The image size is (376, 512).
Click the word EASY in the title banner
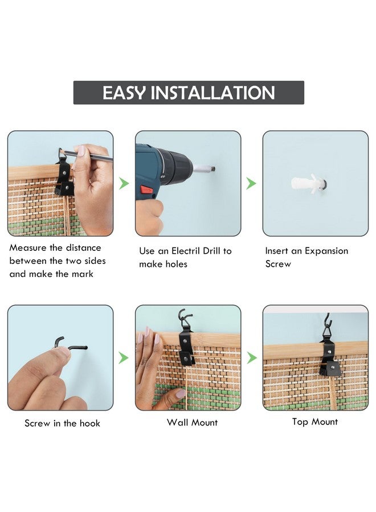124,93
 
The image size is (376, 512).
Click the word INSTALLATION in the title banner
212,93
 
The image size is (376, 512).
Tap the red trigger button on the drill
147,189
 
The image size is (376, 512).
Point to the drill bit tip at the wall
213,169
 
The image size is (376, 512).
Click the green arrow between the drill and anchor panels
251,183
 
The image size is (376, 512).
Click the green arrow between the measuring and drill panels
124,183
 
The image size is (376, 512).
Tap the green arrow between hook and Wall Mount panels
123,358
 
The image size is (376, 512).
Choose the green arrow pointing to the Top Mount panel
251,358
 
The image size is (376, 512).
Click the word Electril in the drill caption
186,251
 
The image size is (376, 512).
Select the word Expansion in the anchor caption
326,251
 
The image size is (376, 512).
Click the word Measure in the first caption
28,247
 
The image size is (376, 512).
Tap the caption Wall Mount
192,422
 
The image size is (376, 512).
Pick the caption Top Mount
315,422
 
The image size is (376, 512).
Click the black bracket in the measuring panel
64,178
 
